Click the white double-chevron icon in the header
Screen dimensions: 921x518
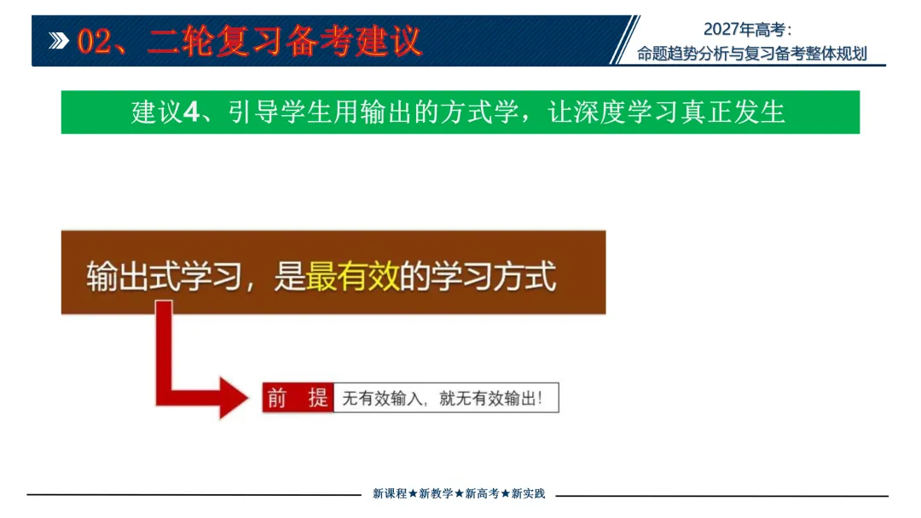click(59, 41)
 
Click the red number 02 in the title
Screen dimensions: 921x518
click(94, 42)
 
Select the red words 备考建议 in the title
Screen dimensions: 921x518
click(354, 41)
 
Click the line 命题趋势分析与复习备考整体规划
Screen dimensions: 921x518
click(752, 54)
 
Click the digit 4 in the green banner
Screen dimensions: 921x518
click(191, 112)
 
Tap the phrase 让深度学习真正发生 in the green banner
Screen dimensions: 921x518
click(666, 112)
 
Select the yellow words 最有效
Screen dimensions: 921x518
click(352, 276)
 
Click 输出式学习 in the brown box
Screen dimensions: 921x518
click(164, 276)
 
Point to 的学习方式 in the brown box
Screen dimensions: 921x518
click(478, 276)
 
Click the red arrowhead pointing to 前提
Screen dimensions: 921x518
click(234, 399)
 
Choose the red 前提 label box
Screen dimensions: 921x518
click(298, 398)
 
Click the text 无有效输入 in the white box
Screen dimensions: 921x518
click(382, 399)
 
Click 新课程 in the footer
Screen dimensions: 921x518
click(390, 493)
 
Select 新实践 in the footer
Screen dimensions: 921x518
click(528, 493)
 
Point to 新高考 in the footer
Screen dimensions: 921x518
click(482, 493)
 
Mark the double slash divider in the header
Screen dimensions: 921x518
click(624, 40)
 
